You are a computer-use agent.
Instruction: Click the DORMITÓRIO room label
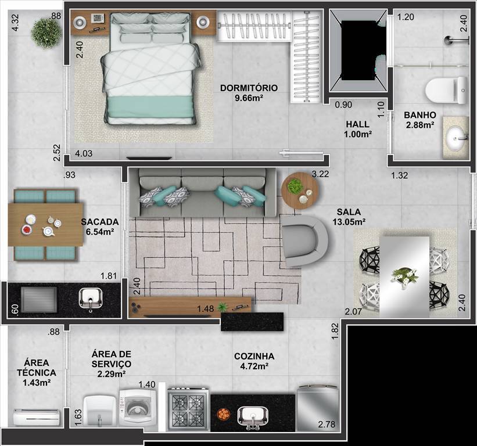(249, 88)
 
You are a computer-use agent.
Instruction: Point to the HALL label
(357, 124)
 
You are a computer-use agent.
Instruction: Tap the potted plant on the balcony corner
(46, 33)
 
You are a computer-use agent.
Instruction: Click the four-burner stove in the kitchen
(188, 409)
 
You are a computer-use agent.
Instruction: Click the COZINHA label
(254, 356)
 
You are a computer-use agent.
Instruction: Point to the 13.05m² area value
(349, 222)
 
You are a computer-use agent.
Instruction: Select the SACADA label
(100, 221)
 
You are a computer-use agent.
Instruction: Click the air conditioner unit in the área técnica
(36, 417)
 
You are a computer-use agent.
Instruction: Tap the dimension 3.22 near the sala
(320, 174)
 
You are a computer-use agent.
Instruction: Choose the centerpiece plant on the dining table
(404, 275)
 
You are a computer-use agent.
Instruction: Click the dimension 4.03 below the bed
(84, 154)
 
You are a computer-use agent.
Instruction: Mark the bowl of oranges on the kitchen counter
(223, 414)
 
